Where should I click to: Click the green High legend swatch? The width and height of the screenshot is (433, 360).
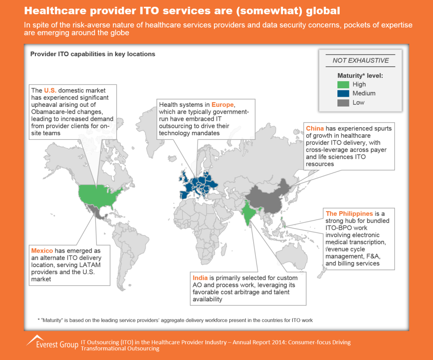(x=343, y=85)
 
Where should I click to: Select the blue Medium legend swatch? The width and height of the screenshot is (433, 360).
(x=343, y=93)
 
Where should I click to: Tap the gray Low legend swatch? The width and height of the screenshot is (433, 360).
(x=343, y=102)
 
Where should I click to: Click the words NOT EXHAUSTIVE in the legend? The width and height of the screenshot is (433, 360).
(x=361, y=60)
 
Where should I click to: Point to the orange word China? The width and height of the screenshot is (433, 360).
(x=315, y=128)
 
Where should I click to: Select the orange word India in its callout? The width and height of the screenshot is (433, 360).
(x=200, y=278)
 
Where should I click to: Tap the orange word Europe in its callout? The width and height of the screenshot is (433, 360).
(x=222, y=104)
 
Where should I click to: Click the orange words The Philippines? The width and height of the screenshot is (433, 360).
(x=349, y=213)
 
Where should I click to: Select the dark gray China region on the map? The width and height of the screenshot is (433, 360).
(x=266, y=199)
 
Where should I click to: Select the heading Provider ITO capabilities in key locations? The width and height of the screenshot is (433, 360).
(x=93, y=54)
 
